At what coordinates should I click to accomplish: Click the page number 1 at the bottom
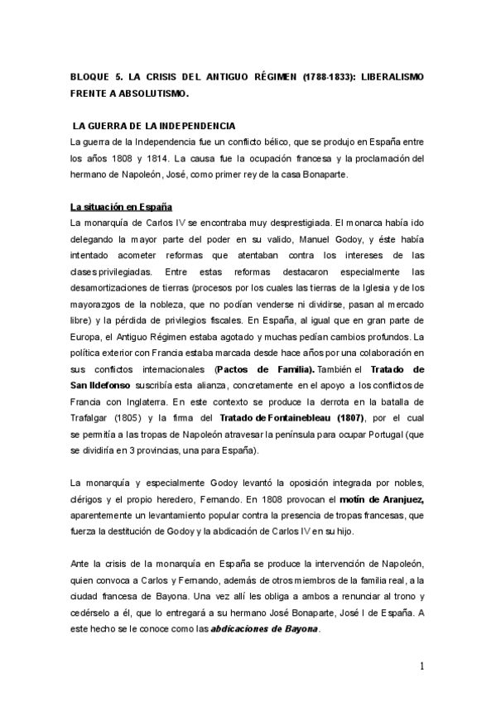421,666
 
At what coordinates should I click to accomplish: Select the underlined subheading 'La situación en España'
121,206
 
